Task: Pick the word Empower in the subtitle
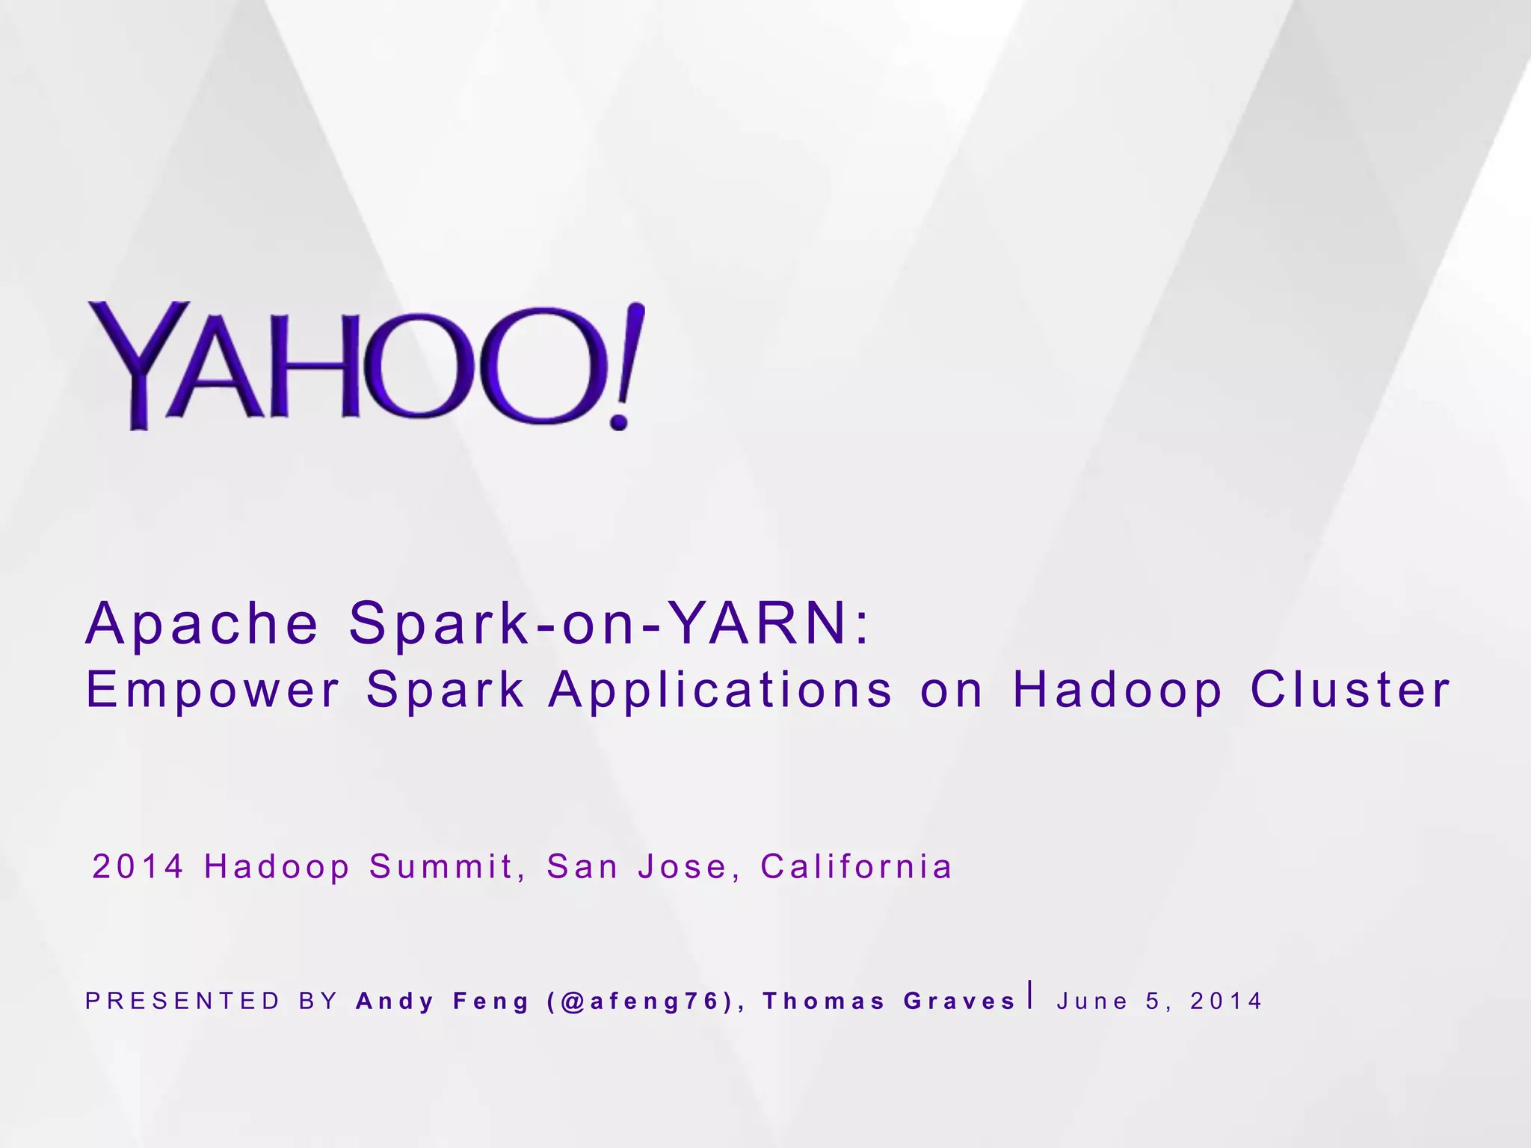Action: click(x=213, y=689)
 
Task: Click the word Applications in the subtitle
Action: click(x=721, y=689)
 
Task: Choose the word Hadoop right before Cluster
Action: click(x=1118, y=689)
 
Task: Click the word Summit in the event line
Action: click(x=442, y=867)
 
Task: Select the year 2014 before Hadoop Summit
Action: click(x=138, y=867)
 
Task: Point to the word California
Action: click(x=857, y=867)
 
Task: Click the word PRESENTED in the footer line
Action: click(x=183, y=1001)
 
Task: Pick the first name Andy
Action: click(x=395, y=1002)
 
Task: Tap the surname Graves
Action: click(x=960, y=1001)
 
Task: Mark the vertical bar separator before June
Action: click(x=1032, y=995)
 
